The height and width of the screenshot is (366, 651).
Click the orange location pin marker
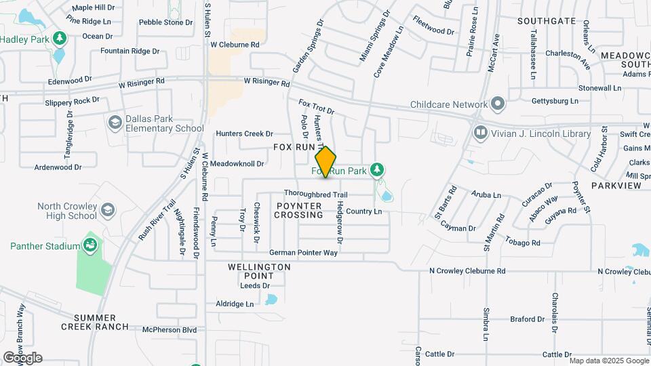[x=326, y=162]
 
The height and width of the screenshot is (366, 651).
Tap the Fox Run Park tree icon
[x=378, y=171]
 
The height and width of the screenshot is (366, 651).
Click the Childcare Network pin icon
[x=498, y=104]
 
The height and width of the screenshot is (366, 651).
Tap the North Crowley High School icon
[x=107, y=210]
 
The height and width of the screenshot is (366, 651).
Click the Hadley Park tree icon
[x=60, y=38]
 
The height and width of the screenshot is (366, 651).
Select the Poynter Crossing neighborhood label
[x=298, y=210]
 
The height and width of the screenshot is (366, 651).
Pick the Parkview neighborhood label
[x=616, y=185]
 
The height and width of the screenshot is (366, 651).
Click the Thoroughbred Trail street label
[x=315, y=195]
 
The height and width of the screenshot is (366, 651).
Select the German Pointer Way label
[x=303, y=253]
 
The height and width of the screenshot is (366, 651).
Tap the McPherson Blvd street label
[x=169, y=330]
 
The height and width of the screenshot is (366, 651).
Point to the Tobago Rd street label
[x=526, y=243]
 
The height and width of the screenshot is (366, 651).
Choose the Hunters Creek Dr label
[x=244, y=134]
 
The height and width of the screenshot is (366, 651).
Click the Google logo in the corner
[x=22, y=358]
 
